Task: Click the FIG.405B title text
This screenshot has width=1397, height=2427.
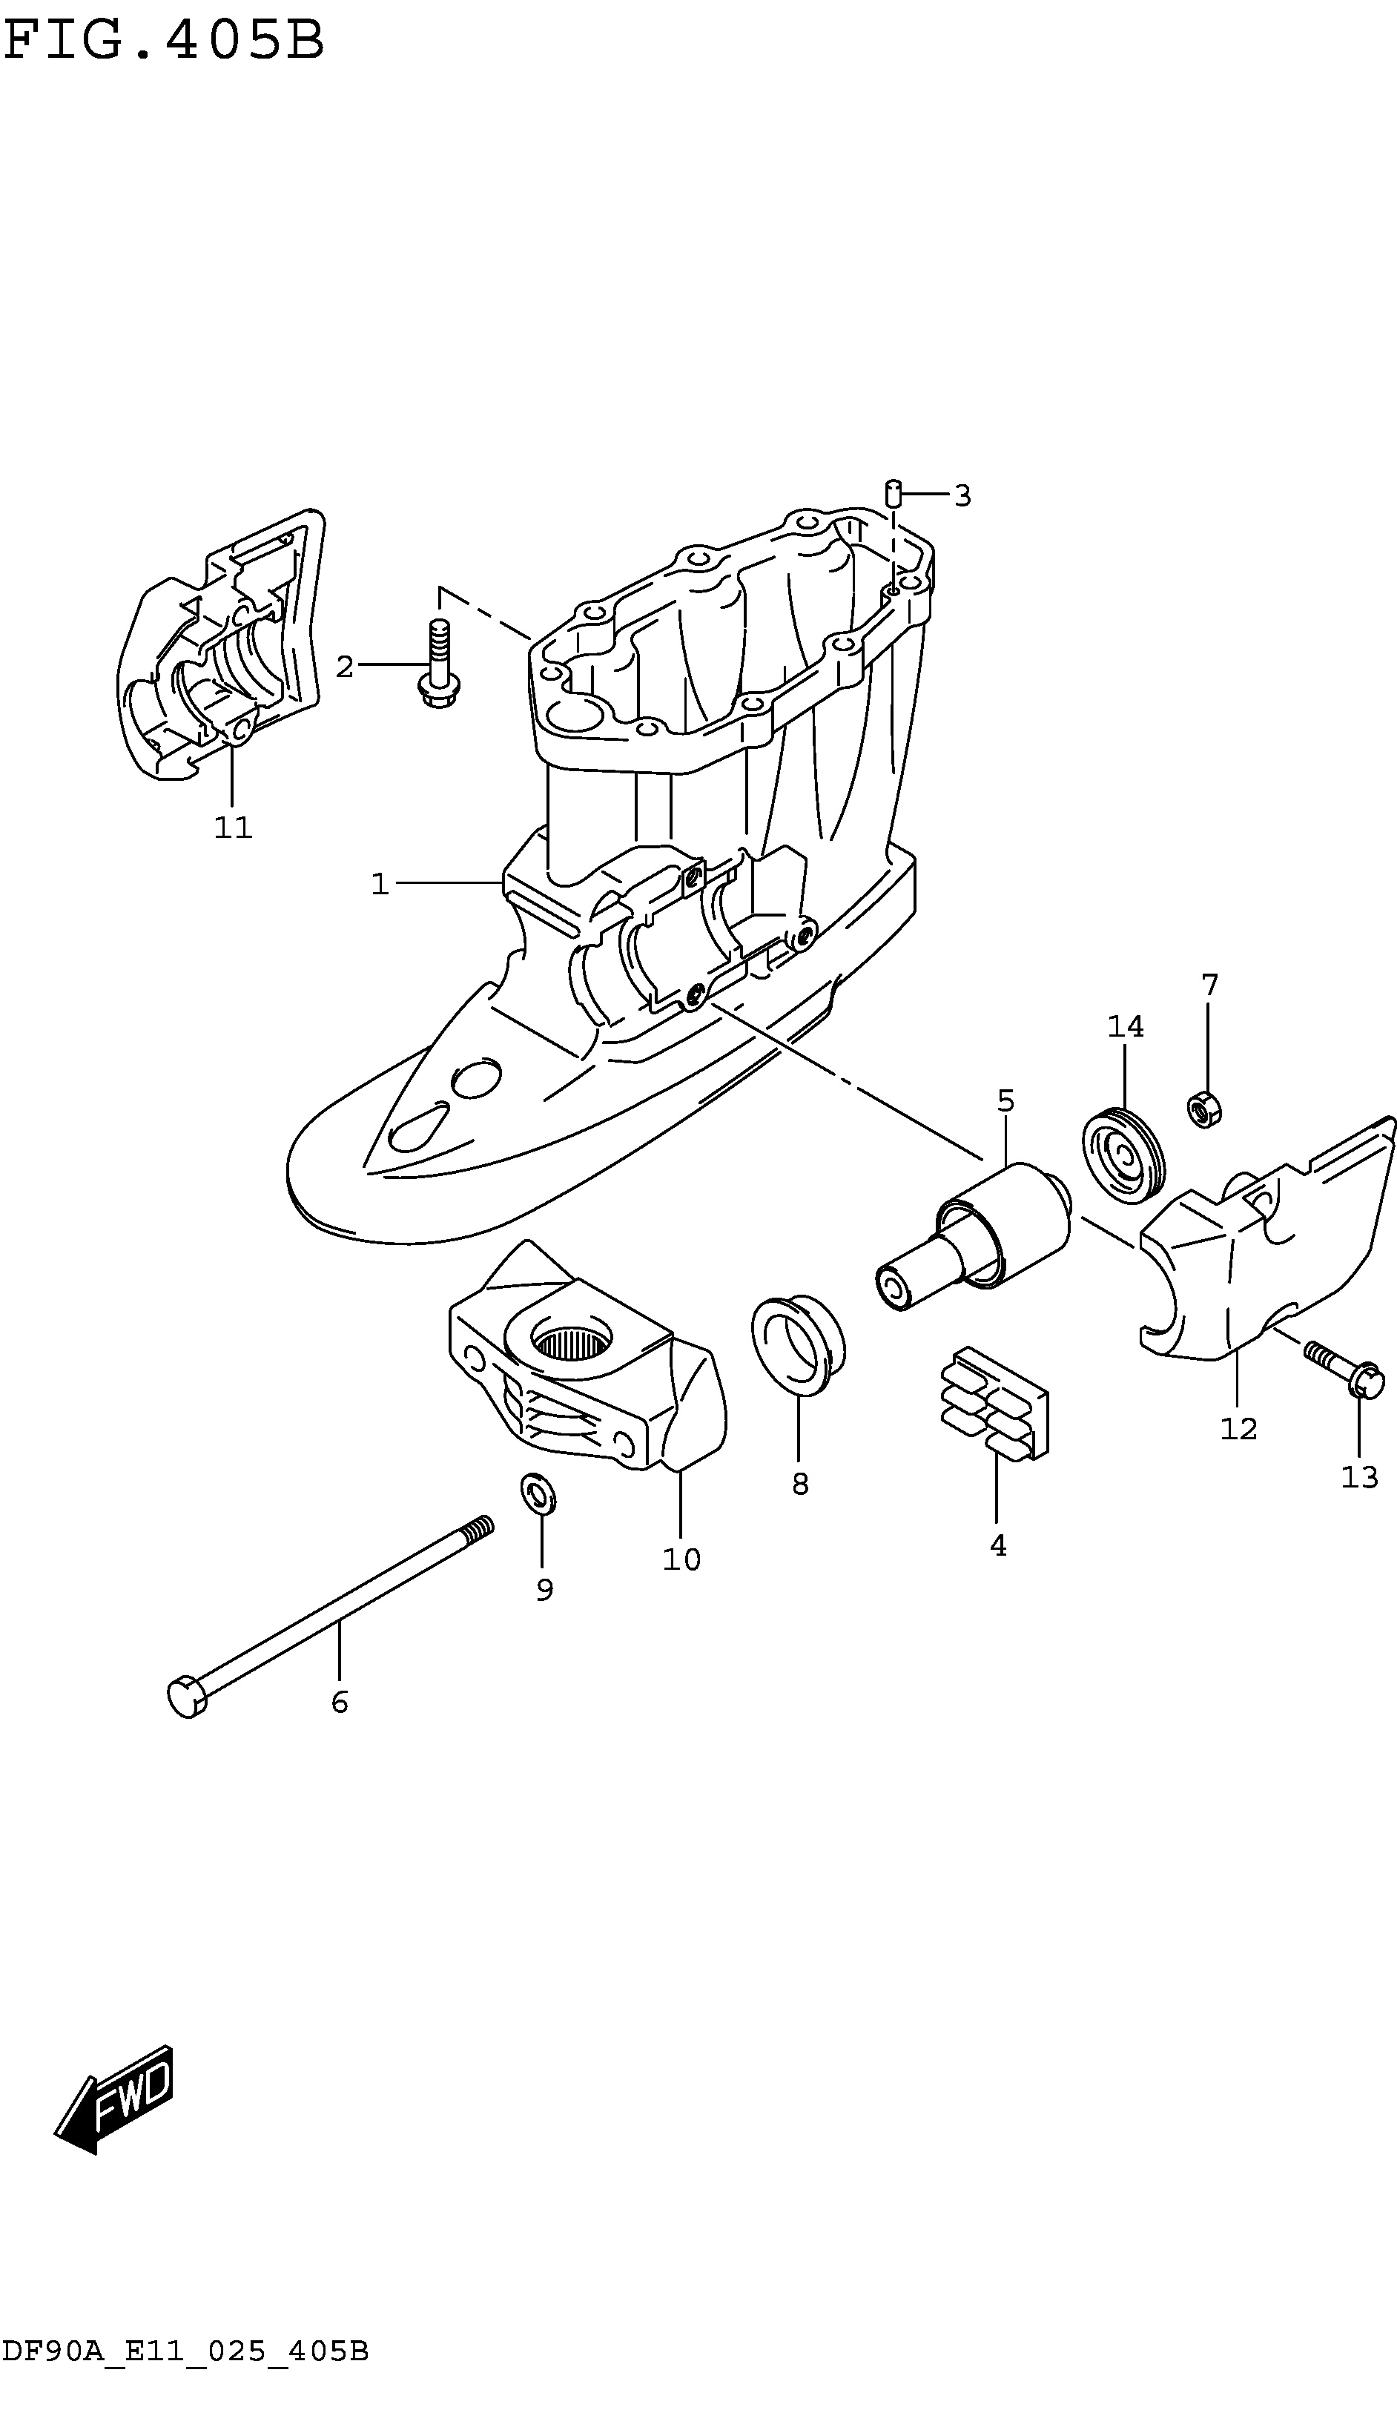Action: (x=164, y=40)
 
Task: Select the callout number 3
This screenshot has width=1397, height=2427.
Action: (x=962, y=496)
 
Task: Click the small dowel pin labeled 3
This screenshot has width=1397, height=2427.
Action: (x=892, y=492)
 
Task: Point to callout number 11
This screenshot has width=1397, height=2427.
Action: (x=233, y=827)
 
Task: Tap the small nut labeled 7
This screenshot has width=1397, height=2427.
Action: (x=1203, y=1110)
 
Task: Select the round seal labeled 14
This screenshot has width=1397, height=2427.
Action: (x=1123, y=1155)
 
